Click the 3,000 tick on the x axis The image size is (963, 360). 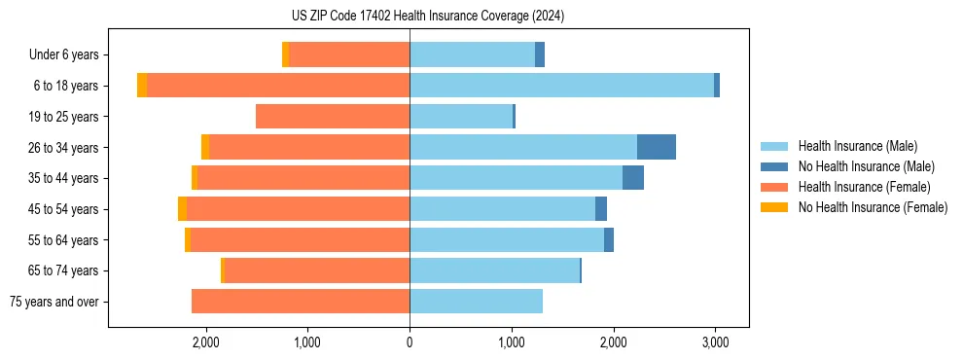[715, 342]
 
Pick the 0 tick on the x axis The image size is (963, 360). [410, 342]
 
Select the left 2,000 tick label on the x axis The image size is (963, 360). [205, 342]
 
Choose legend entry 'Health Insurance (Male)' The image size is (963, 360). [857, 146]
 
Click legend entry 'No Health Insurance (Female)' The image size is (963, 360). [873, 207]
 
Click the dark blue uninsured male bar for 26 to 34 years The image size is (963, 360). [657, 147]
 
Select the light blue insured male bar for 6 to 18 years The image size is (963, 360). [561, 86]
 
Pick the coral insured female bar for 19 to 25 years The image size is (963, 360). [333, 117]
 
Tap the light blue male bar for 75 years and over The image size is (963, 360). [476, 302]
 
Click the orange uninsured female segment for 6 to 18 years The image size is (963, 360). [142, 86]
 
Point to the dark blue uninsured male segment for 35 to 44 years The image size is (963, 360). [633, 178]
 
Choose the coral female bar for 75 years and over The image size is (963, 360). [301, 302]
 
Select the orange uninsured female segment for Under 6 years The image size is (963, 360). [285, 55]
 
